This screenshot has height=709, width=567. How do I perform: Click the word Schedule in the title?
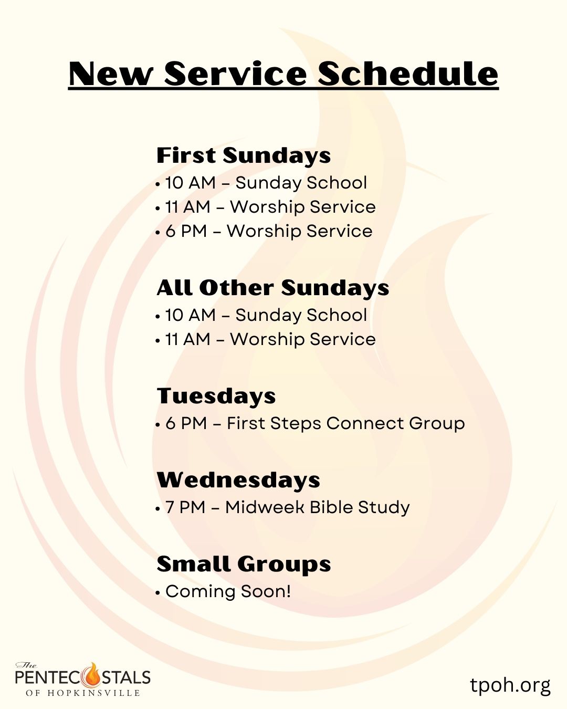[408, 74]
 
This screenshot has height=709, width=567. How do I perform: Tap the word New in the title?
[111, 74]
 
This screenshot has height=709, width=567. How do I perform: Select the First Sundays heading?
[244, 155]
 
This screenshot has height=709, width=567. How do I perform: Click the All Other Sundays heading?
[273, 288]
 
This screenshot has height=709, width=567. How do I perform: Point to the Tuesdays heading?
[216, 395]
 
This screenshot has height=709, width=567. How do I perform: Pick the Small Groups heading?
[244, 565]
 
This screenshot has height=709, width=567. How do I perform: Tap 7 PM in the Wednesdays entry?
[185, 507]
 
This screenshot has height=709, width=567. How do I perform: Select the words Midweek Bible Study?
[317, 508]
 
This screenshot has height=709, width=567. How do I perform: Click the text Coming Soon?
[228, 591]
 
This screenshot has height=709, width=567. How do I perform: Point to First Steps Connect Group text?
[346, 423]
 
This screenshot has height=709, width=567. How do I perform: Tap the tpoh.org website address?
[510, 685]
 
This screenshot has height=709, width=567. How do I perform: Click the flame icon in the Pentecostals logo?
[93, 677]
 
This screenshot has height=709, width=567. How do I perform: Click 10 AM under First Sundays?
[191, 183]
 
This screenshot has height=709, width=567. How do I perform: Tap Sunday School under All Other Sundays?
[301, 315]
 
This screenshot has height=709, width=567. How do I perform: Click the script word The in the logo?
[26, 665]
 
